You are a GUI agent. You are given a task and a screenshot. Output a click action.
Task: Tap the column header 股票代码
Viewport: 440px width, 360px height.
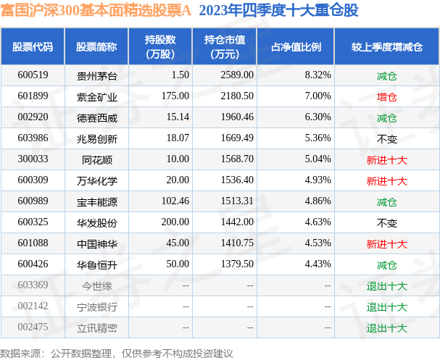pos(33,46)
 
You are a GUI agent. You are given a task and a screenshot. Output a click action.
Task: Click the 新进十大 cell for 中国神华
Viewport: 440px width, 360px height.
pos(386,243)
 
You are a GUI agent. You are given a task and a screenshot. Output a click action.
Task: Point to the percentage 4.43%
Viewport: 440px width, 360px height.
pos(317,264)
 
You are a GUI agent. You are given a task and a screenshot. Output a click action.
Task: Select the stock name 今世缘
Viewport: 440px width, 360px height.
pos(91,285)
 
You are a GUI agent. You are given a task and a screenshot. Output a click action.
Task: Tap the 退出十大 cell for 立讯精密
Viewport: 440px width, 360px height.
pos(386,327)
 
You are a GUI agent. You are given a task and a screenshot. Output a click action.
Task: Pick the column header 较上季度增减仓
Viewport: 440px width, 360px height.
pos(386,46)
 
